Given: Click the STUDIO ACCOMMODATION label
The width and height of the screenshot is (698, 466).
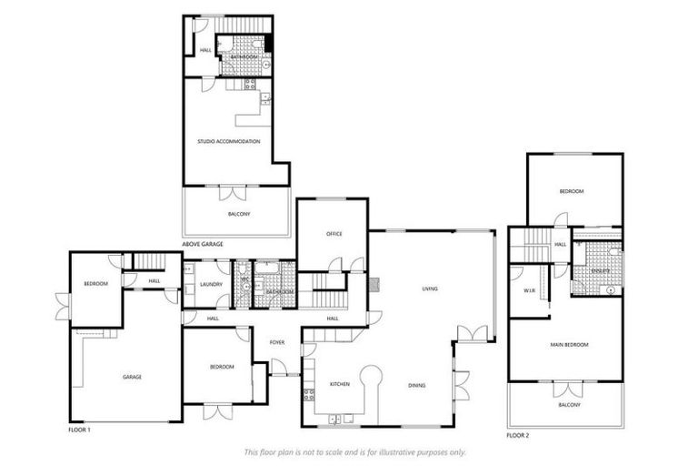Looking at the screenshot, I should pos(229,141).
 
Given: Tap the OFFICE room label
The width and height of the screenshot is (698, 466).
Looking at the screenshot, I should pos(334,235).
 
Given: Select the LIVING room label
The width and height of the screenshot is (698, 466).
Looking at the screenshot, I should pos(430,289).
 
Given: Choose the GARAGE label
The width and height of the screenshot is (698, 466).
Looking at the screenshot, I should pos(133,376).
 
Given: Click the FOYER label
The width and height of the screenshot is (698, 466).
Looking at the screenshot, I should pos(277,342).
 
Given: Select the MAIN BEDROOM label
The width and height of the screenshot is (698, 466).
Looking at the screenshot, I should pos(570,344).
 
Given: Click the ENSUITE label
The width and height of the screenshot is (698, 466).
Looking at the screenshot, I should pos(599,270).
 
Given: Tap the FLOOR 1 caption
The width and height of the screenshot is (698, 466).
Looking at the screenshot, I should pos(80,428).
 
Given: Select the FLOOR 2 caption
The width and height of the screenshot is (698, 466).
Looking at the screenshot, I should pos(519,435).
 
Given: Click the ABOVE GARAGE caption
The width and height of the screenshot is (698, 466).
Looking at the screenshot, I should pos(203,245).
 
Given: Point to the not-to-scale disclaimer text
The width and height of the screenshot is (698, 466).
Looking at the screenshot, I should pos(354,451).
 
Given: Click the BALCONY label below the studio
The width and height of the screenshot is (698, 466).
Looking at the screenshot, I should pos(238,214).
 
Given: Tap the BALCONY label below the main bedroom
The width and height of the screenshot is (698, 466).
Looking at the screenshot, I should pos(568,404).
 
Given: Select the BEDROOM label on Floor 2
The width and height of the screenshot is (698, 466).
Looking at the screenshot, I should pos(572,191).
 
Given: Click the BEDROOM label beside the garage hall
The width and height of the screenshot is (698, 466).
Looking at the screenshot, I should pos(95,283).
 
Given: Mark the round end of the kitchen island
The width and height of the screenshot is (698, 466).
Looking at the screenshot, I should pos(371,375).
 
